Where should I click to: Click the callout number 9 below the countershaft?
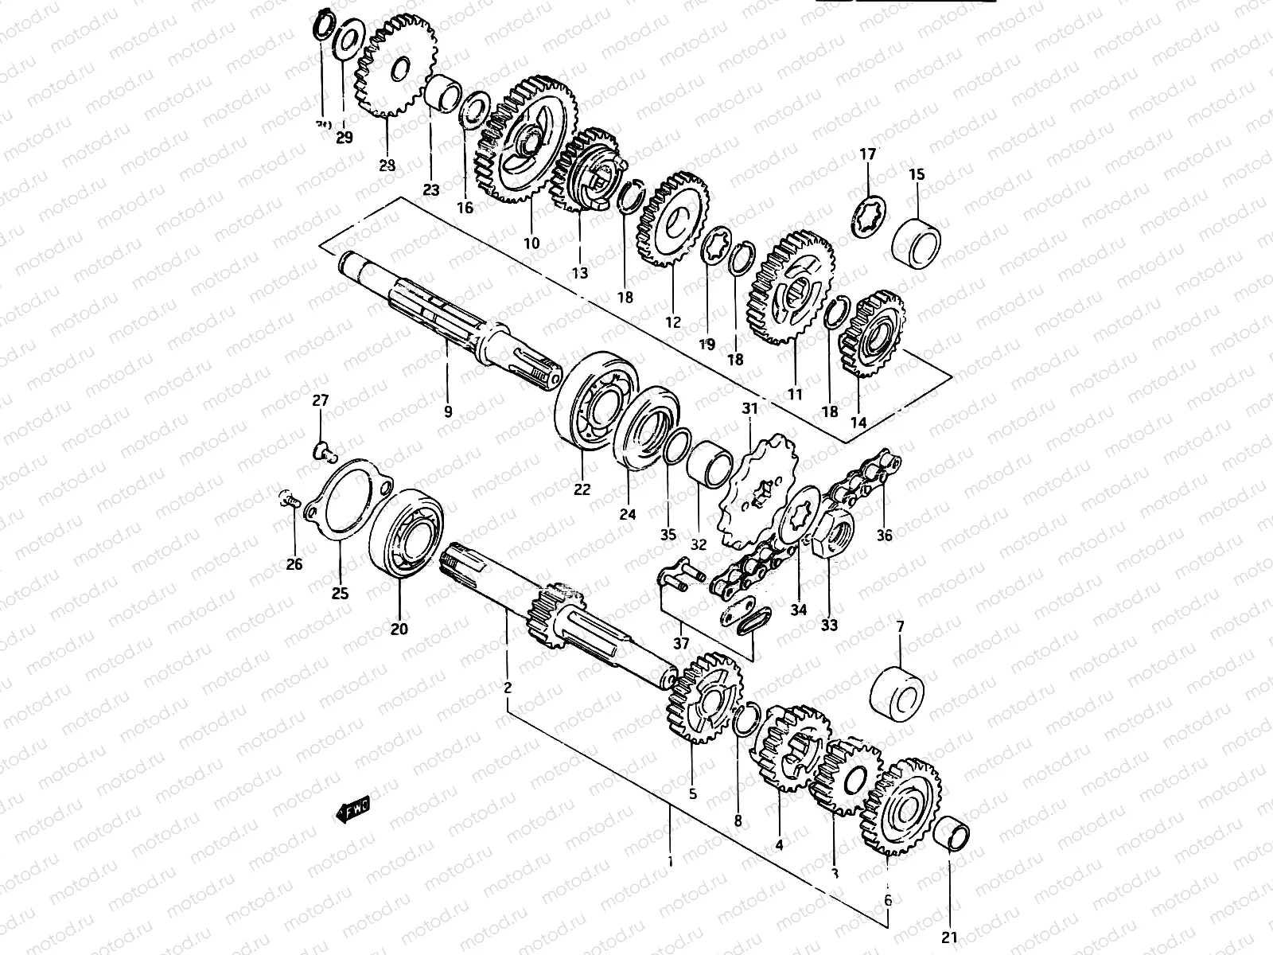448,411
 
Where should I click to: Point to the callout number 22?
582,489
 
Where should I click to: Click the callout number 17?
867,154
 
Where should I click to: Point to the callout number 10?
531,243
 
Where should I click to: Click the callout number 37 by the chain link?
682,643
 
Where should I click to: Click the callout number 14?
858,423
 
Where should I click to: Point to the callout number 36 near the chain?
884,536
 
